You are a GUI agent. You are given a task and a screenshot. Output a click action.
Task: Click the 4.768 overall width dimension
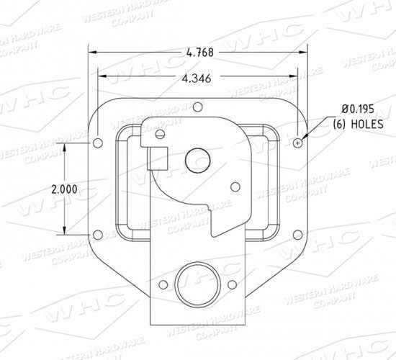pyautogui.click(x=199, y=52)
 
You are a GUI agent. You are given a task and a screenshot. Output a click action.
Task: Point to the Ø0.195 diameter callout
pyautogui.click(x=358, y=108)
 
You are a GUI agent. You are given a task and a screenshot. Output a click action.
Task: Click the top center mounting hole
pyautogui.click(x=197, y=108)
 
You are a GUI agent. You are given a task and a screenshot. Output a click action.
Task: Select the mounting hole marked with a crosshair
pyautogui.click(x=298, y=143)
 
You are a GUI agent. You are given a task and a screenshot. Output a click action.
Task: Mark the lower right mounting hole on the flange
pyautogui.click(x=298, y=233)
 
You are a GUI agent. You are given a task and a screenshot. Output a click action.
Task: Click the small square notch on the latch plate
pyautogui.click(x=157, y=158)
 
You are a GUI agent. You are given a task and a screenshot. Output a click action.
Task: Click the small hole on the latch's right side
pyautogui.click(x=235, y=186)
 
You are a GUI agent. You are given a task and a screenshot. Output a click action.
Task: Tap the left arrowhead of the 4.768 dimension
pyautogui.click(x=92, y=52)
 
